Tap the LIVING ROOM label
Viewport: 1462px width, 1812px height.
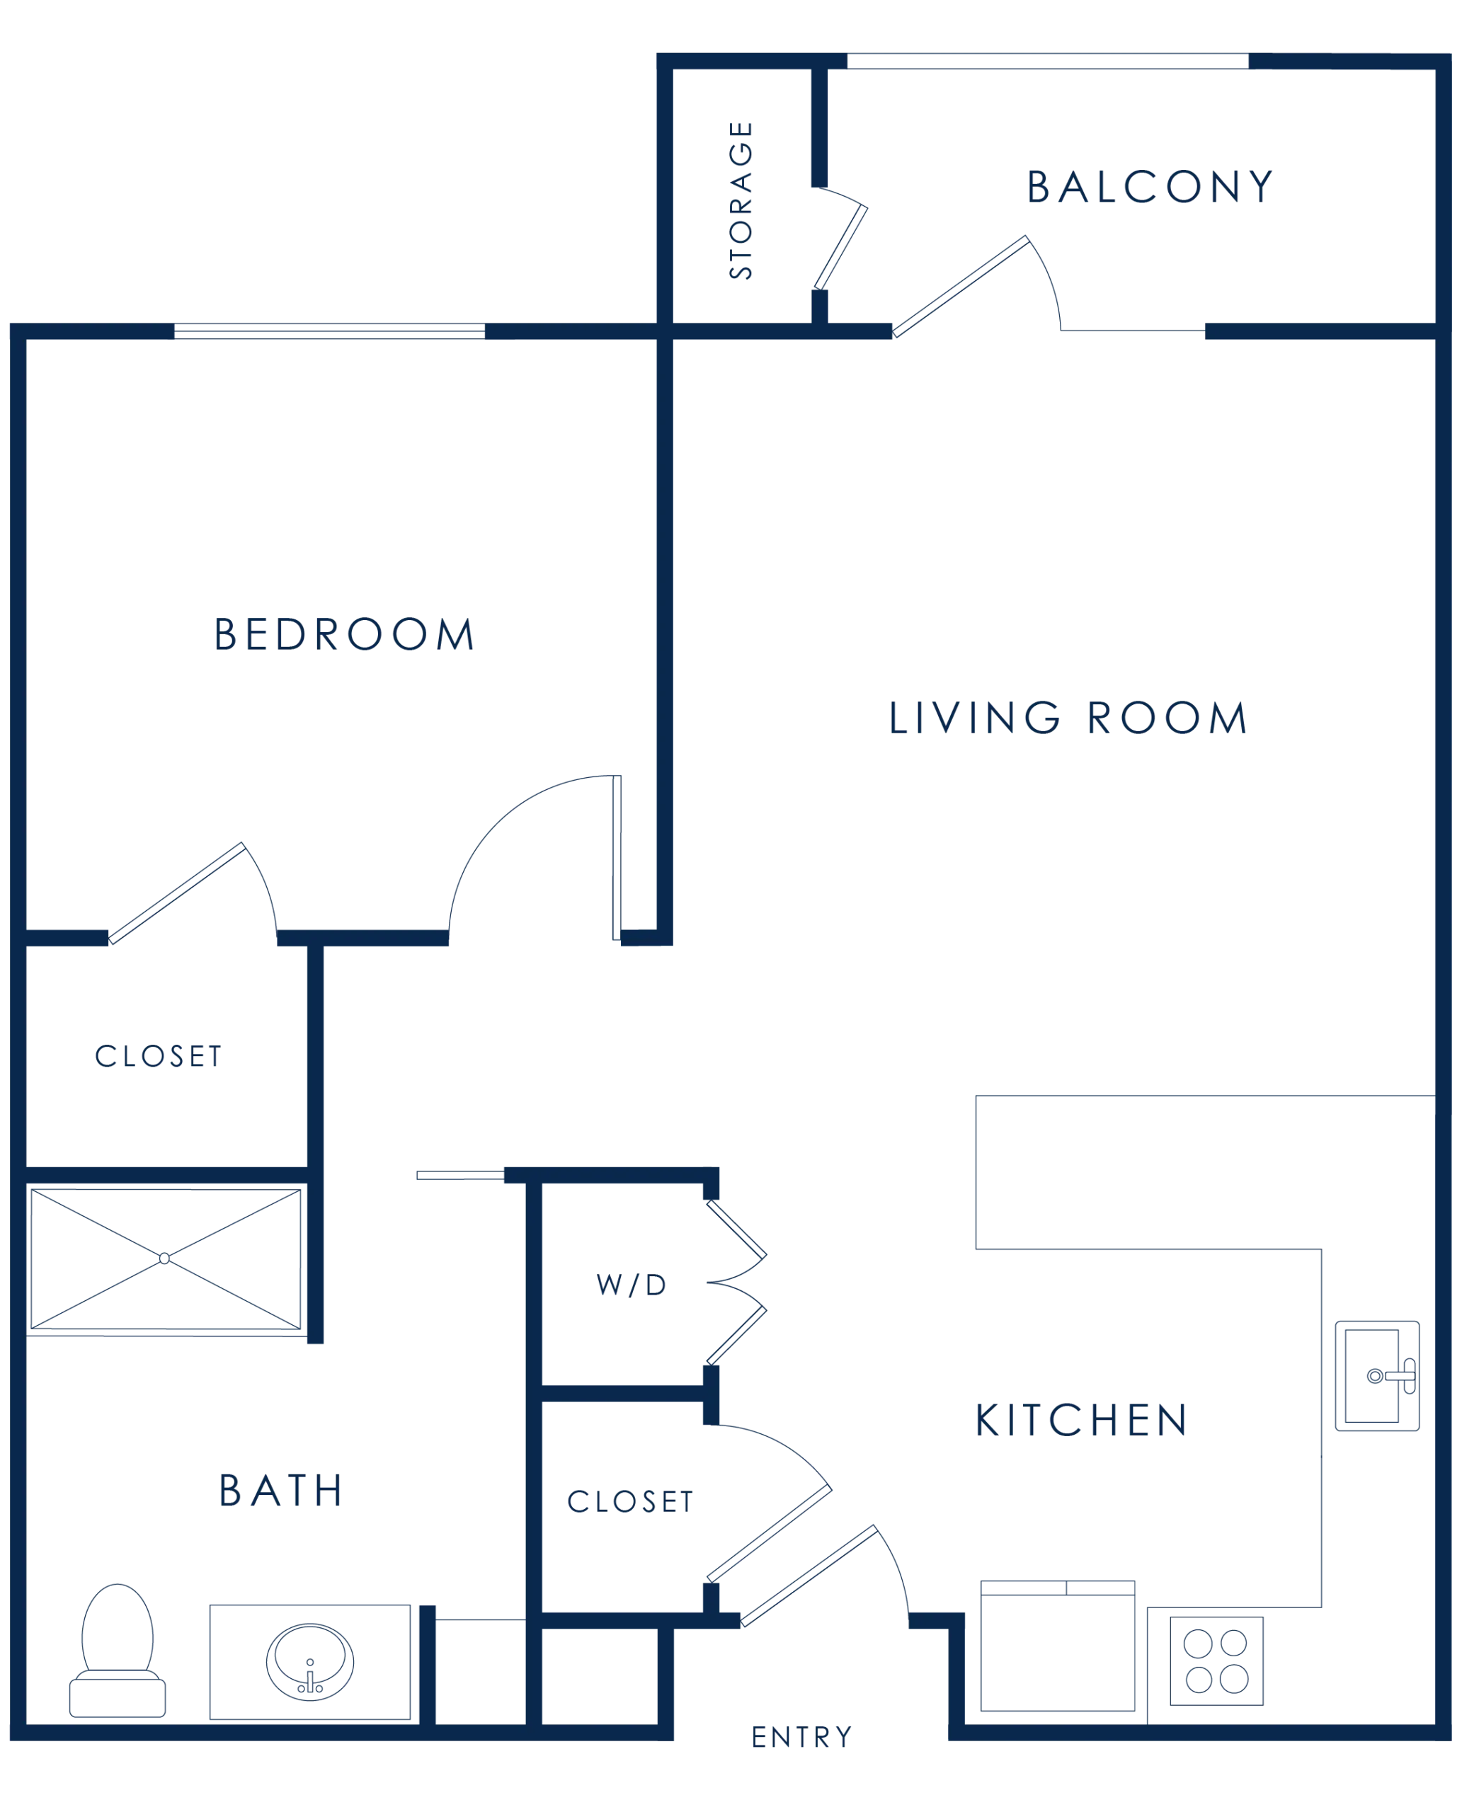(1068, 718)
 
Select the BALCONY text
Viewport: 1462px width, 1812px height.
(1150, 186)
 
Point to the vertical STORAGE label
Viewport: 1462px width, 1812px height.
(741, 200)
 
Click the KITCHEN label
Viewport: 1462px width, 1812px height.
(1081, 1421)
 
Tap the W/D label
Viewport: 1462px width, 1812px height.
(632, 1285)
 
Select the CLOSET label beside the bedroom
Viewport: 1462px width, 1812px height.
(159, 1056)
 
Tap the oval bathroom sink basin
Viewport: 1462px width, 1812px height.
(310, 1662)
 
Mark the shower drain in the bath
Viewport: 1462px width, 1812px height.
(164, 1258)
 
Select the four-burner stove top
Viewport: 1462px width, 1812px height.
(1216, 1661)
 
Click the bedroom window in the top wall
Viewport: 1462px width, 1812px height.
(329, 331)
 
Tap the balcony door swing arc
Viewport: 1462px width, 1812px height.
(1049, 280)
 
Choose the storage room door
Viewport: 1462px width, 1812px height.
(840, 247)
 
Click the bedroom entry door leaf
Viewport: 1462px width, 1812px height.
(617, 857)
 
